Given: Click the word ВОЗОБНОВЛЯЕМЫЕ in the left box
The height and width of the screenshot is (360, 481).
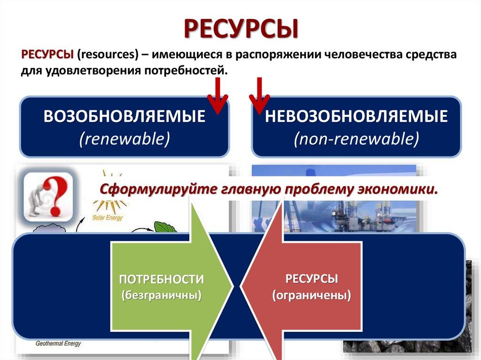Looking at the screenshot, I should point(124,117).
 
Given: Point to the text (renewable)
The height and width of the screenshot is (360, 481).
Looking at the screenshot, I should point(124,139).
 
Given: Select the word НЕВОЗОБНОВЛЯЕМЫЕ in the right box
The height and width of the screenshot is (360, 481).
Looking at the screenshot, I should point(356,117).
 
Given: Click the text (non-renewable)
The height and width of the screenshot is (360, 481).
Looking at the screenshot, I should point(356,139).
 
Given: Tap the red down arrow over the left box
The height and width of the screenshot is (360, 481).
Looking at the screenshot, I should point(217,96).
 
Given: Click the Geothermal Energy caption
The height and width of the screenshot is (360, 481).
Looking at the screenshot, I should point(58,344).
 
